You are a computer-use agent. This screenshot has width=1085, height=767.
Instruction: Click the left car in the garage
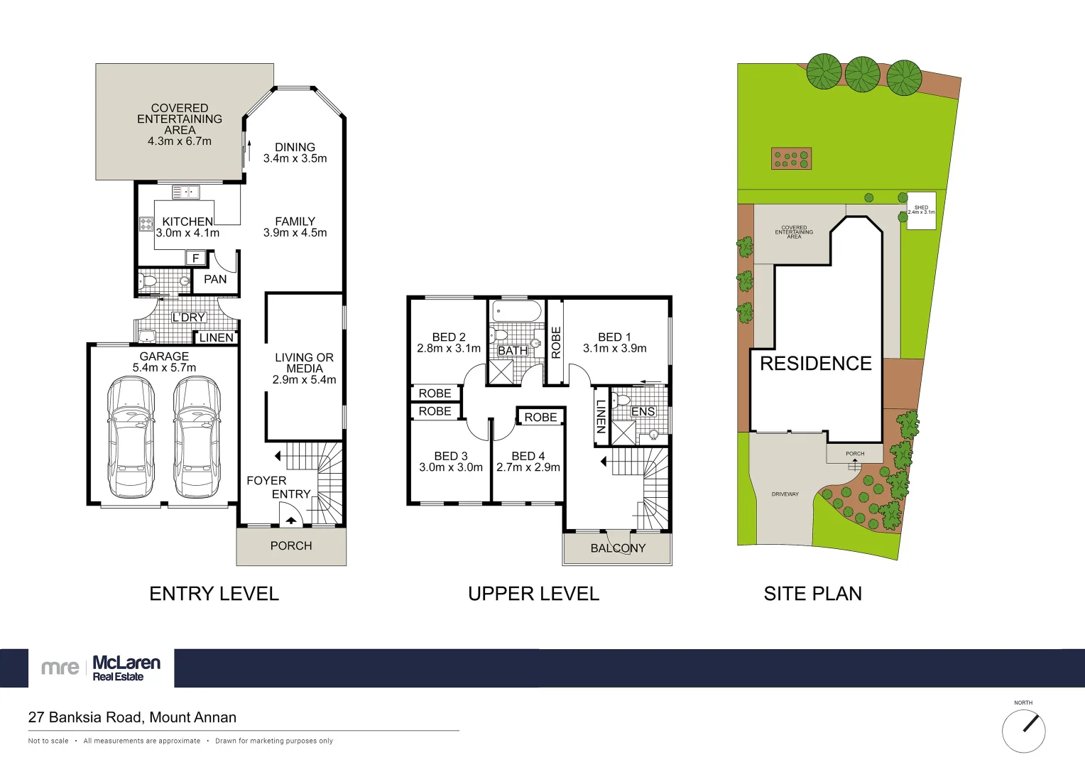131,437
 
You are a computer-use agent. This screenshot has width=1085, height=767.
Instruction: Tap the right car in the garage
197,437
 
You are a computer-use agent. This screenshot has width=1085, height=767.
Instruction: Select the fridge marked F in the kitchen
196,258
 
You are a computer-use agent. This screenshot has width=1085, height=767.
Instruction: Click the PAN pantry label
215,279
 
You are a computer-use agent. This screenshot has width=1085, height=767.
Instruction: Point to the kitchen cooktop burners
146,224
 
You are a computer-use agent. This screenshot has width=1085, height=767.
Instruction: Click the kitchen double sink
186,192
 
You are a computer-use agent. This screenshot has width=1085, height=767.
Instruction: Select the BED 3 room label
451,456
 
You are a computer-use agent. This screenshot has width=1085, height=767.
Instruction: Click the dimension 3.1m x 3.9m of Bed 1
614,349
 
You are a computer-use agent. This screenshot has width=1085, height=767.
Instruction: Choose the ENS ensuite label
643,411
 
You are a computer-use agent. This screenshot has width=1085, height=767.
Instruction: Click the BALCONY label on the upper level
618,548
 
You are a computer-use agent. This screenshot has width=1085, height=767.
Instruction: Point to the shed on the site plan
921,210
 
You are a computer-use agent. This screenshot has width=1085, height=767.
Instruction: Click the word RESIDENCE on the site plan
815,364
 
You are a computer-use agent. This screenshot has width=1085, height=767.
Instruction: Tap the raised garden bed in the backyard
791,158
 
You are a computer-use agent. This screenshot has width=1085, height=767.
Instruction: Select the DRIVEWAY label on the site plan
785,494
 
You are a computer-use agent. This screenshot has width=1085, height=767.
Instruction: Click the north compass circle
1023,731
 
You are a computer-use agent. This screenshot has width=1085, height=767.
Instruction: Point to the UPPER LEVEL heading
533,594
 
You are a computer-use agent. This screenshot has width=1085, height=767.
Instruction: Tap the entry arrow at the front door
291,521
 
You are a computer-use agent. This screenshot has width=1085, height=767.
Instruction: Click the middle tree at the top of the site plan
862,73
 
